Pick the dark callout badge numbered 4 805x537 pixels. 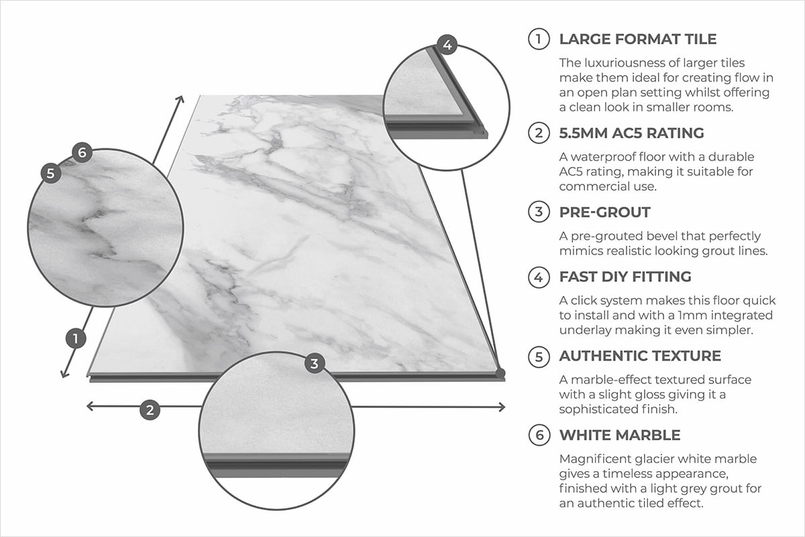point(447,46)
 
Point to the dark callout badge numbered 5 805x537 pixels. point(51,173)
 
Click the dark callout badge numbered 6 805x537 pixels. point(81,153)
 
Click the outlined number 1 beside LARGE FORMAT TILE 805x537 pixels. point(539,39)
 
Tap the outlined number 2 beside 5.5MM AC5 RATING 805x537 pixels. point(539,133)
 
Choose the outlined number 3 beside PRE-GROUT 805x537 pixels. point(539,213)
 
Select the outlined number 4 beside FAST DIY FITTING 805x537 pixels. point(539,276)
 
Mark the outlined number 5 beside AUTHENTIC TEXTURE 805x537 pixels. point(539,356)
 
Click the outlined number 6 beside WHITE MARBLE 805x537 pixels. point(539,435)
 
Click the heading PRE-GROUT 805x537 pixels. point(604,213)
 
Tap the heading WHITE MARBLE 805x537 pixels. point(620,435)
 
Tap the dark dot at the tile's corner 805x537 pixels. point(500,371)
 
